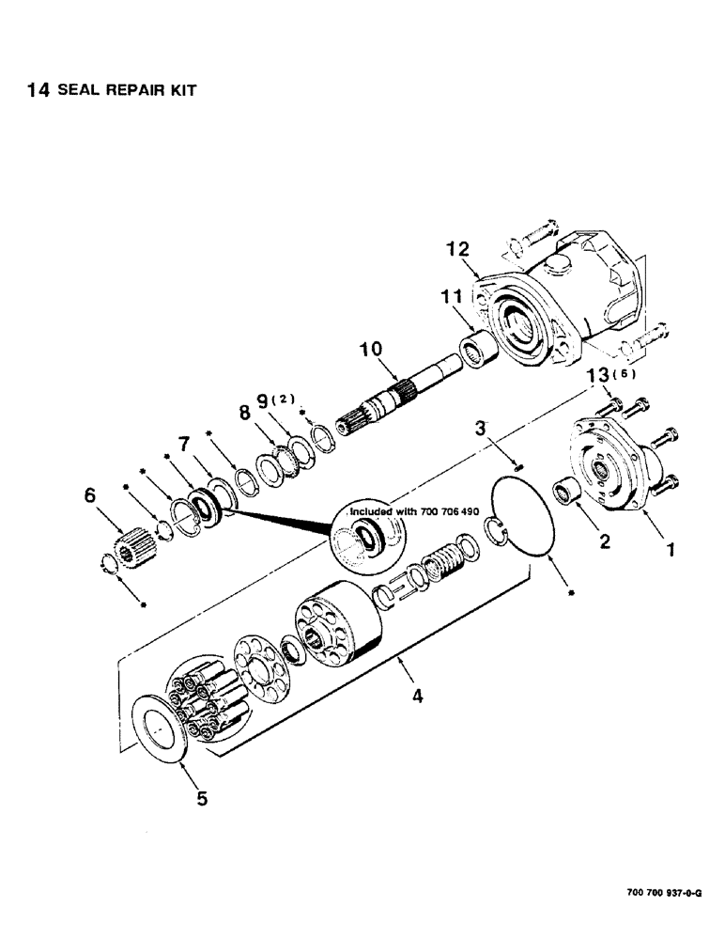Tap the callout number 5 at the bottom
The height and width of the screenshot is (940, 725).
[x=202, y=800]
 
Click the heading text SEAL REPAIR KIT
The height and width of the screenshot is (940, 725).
[x=128, y=92]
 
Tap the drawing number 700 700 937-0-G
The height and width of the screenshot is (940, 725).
[x=663, y=890]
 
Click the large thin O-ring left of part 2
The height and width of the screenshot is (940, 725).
[x=532, y=520]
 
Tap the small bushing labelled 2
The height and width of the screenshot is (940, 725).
[x=568, y=492]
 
